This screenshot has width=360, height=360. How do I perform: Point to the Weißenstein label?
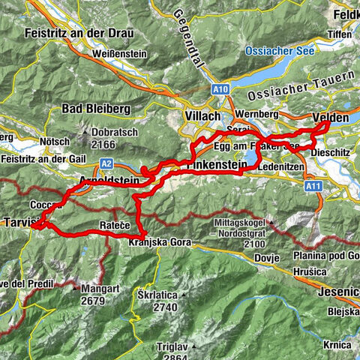(x=118, y=55)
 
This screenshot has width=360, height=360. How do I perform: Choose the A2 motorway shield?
(x=106, y=162)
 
